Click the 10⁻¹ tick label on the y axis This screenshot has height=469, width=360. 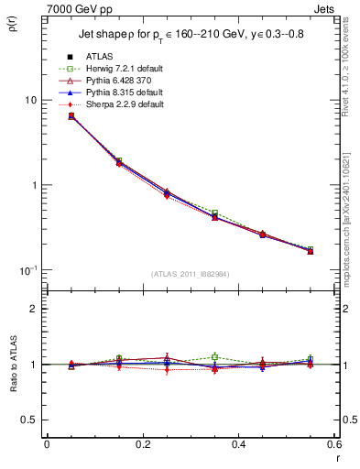point(29,269)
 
